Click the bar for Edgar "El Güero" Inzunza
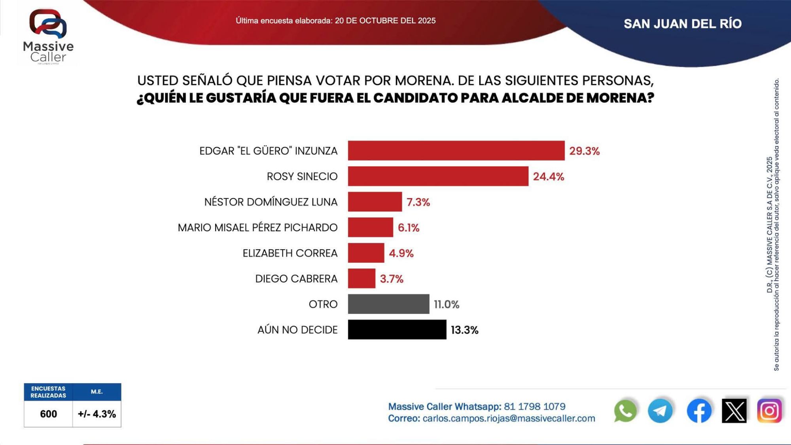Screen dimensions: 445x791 (456, 151)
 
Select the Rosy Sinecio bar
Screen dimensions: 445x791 (438, 176)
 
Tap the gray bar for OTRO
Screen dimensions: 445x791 (388, 304)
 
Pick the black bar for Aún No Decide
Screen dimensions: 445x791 (397, 329)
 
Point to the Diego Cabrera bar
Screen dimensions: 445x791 (361, 278)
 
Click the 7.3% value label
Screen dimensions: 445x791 (418, 202)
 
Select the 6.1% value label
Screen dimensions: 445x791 (408, 228)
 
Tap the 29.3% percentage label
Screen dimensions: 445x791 (584, 151)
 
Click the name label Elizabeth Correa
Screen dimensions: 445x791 (290, 253)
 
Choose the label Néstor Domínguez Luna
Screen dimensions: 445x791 (271, 202)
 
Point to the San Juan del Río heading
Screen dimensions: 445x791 (682, 24)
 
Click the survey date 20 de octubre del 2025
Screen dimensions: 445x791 (385, 21)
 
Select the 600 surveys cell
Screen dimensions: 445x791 (48, 414)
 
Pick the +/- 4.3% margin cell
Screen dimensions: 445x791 (97, 414)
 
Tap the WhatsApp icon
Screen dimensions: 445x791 (625, 411)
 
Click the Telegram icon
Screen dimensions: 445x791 (660, 411)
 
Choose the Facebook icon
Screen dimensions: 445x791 (699, 411)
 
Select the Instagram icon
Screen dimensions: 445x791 (769, 411)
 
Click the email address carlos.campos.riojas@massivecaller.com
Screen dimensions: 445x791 (509, 418)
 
